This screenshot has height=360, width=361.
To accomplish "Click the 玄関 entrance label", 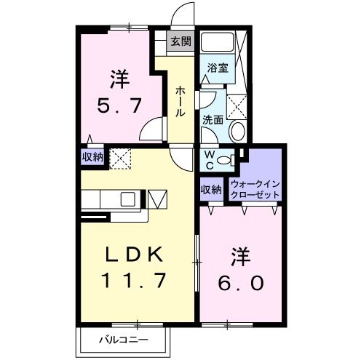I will (x=181, y=41).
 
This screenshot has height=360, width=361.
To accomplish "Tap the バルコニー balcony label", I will (x=123, y=340).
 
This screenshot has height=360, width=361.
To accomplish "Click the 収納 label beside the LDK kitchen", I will (x=92, y=156).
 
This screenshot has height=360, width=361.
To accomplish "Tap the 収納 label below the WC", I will (x=211, y=190).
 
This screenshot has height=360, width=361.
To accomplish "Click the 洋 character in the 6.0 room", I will (x=241, y=256).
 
